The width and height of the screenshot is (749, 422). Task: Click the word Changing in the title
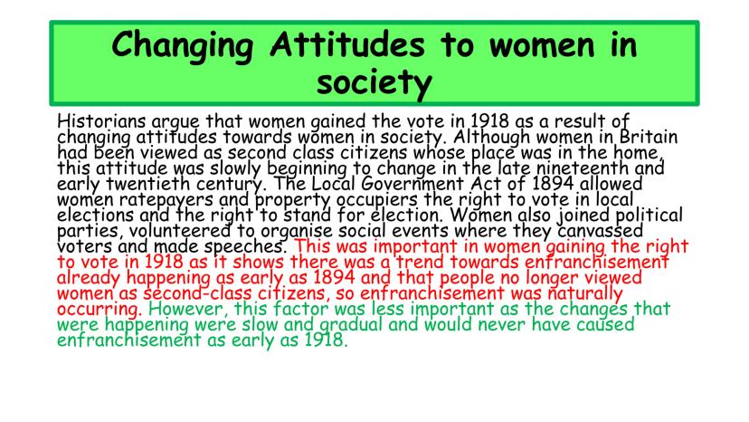[x=182, y=46]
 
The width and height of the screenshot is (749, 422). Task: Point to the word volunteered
[x=180, y=231]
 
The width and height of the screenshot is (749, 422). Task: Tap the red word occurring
[x=100, y=309]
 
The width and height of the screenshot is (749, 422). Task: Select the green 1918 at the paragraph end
[x=326, y=340]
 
